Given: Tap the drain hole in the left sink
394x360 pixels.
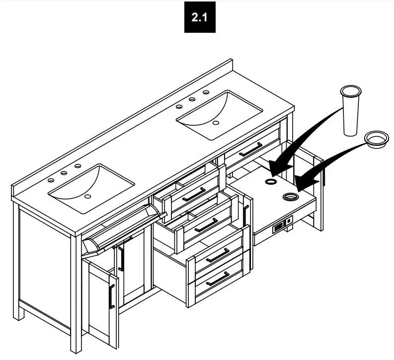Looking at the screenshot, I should pyautogui.click(x=88, y=197).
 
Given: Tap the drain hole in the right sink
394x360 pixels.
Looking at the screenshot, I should pyautogui.click(x=216, y=122).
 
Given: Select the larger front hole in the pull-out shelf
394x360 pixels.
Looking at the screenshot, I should pyautogui.click(x=289, y=197).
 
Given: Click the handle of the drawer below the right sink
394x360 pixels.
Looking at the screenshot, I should pyautogui.click(x=251, y=149).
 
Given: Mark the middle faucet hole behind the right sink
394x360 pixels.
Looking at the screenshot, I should pyautogui.click(x=192, y=99).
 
